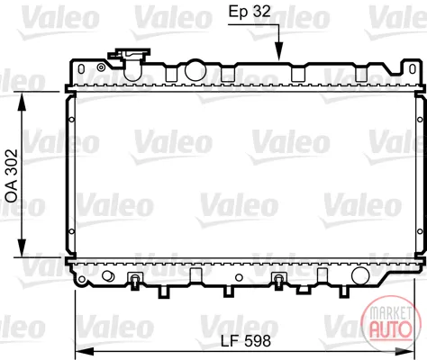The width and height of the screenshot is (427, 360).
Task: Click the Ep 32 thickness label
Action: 250,12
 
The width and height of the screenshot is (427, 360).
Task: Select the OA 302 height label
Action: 12,175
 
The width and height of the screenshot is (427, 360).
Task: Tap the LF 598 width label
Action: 246,341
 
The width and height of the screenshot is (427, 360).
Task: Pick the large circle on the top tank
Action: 195,71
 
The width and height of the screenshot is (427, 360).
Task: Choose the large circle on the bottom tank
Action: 360,275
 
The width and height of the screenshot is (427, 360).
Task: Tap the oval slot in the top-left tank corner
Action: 81,69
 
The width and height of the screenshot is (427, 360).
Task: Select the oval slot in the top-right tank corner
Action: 413,69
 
